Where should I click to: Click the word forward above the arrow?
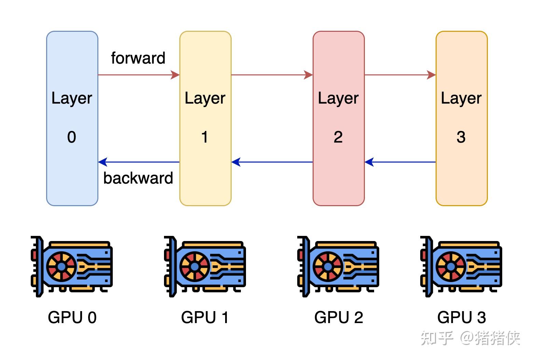tap(138, 58)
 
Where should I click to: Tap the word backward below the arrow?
tap(138, 178)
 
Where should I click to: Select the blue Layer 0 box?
tap(72, 118)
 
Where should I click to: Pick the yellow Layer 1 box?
tap(205, 118)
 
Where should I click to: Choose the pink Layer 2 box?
tap(339, 118)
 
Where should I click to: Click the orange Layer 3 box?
tap(461, 118)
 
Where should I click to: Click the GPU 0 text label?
tap(72, 317)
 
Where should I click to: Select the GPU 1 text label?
tap(205, 317)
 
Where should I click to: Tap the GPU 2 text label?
tap(339, 317)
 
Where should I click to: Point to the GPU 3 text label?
tap(461, 317)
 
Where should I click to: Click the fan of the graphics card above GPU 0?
tap(61, 266)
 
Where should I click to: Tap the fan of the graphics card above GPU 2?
tap(328, 266)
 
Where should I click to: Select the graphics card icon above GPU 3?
tap(461, 266)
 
